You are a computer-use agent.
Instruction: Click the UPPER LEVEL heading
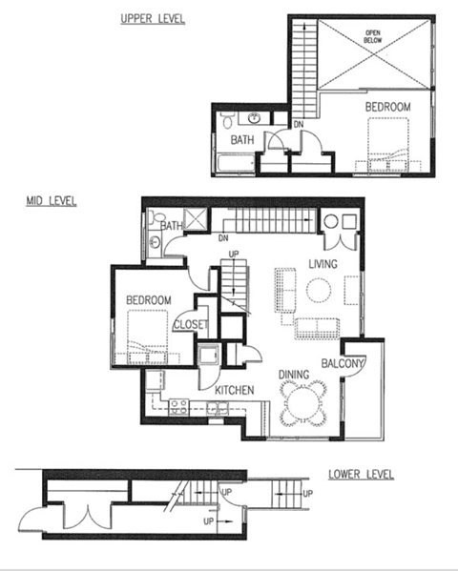153,18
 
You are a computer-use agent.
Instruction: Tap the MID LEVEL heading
52,201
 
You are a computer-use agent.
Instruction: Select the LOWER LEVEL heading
361,475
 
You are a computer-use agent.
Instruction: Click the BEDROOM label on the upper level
387,109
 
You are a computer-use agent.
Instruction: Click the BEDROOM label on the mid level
148,301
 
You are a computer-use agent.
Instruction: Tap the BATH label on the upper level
240,140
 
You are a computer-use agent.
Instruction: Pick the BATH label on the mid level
172,226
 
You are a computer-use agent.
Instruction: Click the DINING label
293,375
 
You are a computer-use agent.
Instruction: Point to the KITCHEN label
233,391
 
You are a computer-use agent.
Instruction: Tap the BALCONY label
340,363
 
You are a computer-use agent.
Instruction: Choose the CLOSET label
190,325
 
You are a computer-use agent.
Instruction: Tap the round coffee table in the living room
318,290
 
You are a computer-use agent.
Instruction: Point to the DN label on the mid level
224,237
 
